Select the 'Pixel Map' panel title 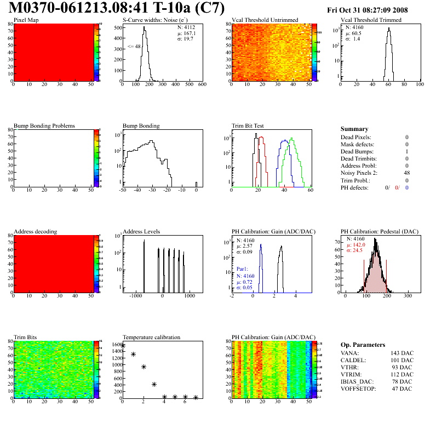click(26, 20)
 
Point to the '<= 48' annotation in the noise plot click(134, 47)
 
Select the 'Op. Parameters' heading click(363, 345)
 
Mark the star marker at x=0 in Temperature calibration click(123, 346)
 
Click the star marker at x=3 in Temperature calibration click(154, 385)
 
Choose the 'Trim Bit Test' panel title click(248, 126)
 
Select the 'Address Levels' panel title click(141, 232)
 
